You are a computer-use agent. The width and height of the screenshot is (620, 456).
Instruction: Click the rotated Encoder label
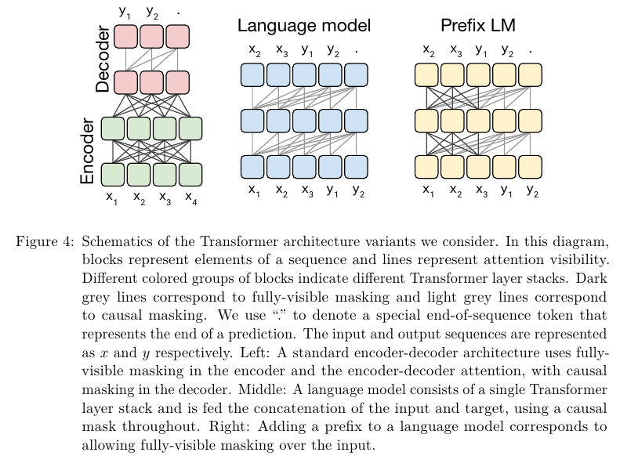tap(88, 151)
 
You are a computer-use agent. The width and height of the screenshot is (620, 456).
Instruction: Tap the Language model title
tap(304, 26)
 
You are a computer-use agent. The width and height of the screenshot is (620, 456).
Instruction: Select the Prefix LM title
tap(477, 26)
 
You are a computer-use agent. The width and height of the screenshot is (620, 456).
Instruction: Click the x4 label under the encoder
tap(190, 197)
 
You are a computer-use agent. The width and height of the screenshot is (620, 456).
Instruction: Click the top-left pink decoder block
tap(125, 36)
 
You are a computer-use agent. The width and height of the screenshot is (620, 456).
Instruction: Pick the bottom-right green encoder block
tap(190, 172)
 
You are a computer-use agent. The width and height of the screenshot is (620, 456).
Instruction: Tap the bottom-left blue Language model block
tap(252, 167)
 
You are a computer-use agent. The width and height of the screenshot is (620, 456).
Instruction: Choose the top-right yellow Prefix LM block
tap(530, 75)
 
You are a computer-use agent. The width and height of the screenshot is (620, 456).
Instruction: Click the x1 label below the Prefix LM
tap(428, 190)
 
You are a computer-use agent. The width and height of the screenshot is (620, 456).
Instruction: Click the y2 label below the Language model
tap(358, 190)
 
